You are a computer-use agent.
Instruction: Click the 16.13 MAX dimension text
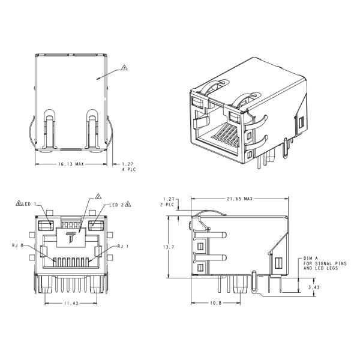click(x=71, y=163)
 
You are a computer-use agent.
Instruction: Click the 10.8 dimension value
click(x=215, y=304)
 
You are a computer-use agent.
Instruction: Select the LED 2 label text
click(x=116, y=205)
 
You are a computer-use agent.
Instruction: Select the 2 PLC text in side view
click(x=169, y=204)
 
